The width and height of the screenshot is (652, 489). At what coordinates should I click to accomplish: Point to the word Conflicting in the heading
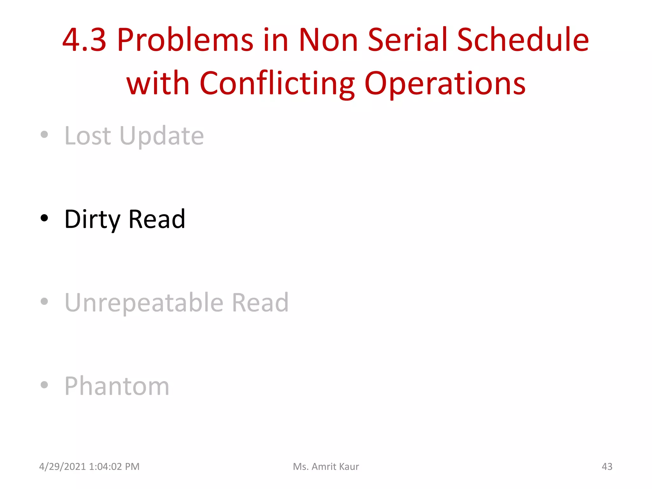(x=277, y=83)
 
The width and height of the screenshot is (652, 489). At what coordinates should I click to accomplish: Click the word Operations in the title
(x=445, y=83)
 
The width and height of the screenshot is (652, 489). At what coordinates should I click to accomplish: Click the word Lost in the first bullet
(x=88, y=136)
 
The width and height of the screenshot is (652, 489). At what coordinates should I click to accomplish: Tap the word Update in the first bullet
(x=162, y=136)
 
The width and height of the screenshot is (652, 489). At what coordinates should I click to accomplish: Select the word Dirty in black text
(x=92, y=219)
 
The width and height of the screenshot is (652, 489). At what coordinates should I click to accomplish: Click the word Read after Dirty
(x=157, y=219)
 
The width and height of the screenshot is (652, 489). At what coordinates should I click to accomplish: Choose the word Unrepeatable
(x=144, y=302)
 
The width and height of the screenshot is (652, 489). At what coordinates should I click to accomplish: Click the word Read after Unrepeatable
(x=260, y=302)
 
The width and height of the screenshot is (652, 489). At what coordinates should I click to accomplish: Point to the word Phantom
(x=117, y=386)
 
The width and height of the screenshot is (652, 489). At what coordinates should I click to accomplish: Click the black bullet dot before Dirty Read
(x=44, y=218)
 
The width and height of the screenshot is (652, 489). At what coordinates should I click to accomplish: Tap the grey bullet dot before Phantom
(x=44, y=385)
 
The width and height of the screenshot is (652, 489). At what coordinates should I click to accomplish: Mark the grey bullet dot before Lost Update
(x=44, y=134)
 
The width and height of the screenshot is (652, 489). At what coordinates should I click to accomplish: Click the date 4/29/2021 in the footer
(x=62, y=466)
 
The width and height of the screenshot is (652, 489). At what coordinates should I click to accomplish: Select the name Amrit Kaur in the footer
(x=335, y=466)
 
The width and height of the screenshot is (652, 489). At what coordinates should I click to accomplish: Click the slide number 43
(x=607, y=466)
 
